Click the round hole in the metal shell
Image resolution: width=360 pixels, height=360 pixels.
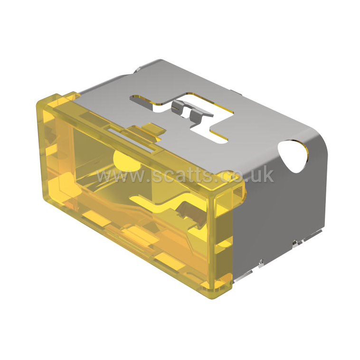click(293, 156)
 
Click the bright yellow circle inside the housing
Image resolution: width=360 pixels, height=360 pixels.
click(126, 160)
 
